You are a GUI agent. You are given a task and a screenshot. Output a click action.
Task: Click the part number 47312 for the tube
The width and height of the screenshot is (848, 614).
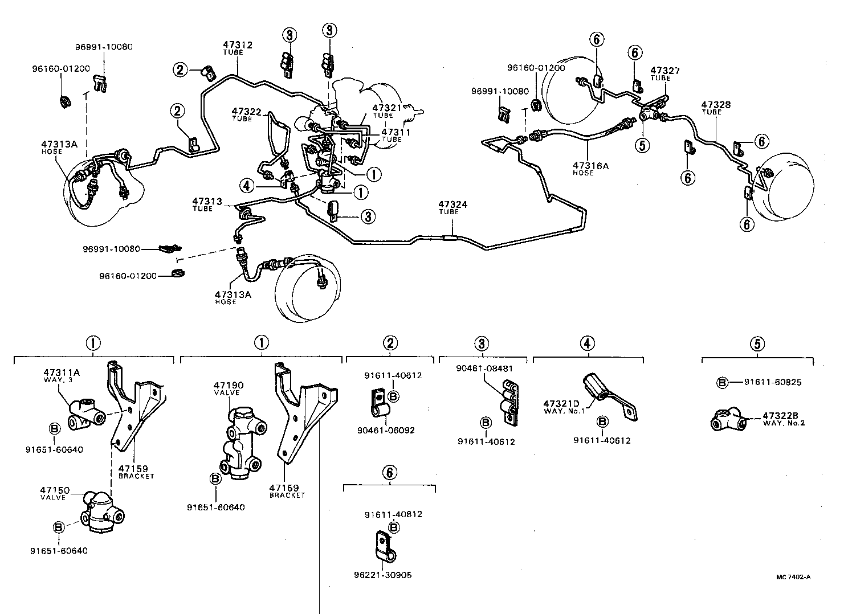[x=237, y=45]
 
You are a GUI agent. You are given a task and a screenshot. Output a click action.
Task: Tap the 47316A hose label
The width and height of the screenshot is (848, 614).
[x=590, y=166]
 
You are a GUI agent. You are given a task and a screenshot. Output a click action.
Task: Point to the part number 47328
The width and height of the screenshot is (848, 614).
[x=716, y=105]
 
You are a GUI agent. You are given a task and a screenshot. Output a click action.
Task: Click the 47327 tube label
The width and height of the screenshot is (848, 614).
[x=665, y=71]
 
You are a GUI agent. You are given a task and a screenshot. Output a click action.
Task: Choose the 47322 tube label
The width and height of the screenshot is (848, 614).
[x=246, y=111]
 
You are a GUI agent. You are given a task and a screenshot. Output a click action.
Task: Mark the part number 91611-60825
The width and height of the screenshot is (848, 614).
[x=772, y=382]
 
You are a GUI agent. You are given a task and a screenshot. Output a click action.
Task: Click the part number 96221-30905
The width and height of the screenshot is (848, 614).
[x=383, y=575]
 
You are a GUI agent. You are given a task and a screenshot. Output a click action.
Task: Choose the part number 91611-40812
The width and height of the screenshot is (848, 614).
[x=393, y=514]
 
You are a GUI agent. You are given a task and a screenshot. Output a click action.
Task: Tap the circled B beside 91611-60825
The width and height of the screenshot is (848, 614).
[x=722, y=382]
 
